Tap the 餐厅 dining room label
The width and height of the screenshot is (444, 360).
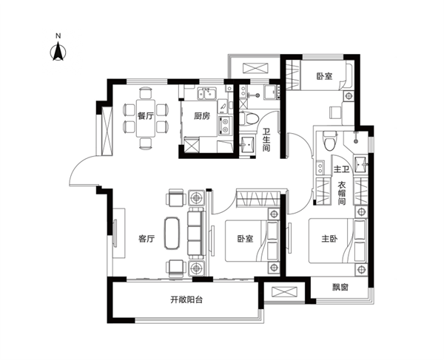146,115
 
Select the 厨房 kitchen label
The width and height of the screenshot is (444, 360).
202,115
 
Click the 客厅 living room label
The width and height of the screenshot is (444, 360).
147,239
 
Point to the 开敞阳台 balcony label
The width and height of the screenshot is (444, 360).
186,300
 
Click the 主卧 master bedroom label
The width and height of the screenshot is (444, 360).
329,239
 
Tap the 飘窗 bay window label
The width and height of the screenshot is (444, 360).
340,288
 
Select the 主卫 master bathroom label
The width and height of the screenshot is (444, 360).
341,169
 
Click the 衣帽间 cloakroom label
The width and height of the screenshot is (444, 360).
342,194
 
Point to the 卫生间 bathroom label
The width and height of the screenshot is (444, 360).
266,140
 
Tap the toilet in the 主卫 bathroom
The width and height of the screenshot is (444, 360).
330,140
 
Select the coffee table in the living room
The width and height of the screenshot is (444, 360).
172,233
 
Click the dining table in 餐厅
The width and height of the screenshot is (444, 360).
146,118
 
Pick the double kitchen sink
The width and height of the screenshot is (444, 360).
207,93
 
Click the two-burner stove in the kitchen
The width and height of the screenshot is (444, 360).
225,126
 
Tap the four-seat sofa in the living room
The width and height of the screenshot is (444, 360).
196,233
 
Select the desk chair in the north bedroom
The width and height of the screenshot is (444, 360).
335,112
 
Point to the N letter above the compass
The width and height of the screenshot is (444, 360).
58,36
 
